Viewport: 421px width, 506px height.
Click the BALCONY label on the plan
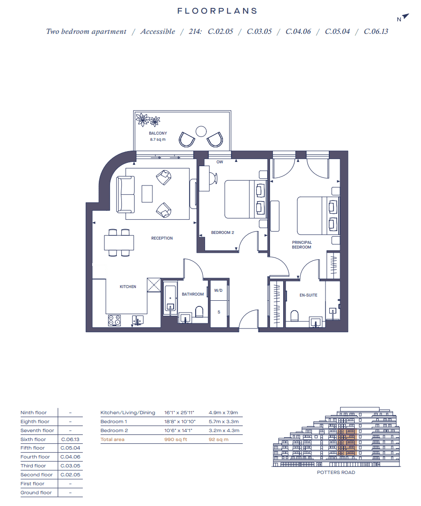tap(158, 134)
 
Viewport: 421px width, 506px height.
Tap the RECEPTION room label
tap(162, 238)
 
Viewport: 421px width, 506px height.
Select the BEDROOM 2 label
tap(222, 233)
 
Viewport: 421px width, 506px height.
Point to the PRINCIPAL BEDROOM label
tap(302, 245)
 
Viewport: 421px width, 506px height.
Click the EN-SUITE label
tap(308, 295)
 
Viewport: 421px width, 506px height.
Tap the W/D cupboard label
tap(218, 291)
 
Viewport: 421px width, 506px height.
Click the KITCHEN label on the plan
tap(128, 287)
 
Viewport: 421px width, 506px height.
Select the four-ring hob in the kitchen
tap(114, 320)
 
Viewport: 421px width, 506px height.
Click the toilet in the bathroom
tap(199, 312)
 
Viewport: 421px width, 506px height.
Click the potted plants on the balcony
tap(148, 120)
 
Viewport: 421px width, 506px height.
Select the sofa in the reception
tap(125, 193)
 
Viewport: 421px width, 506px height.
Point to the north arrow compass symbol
tap(401, 18)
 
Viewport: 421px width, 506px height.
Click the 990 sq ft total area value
tap(176, 440)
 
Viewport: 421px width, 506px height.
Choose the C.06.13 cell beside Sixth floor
tap(70, 440)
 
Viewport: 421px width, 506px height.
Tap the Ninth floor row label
tap(34, 413)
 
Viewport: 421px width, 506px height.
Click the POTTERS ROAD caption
tap(336, 473)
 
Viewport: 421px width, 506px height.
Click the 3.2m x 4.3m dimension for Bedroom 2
tap(224, 431)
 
